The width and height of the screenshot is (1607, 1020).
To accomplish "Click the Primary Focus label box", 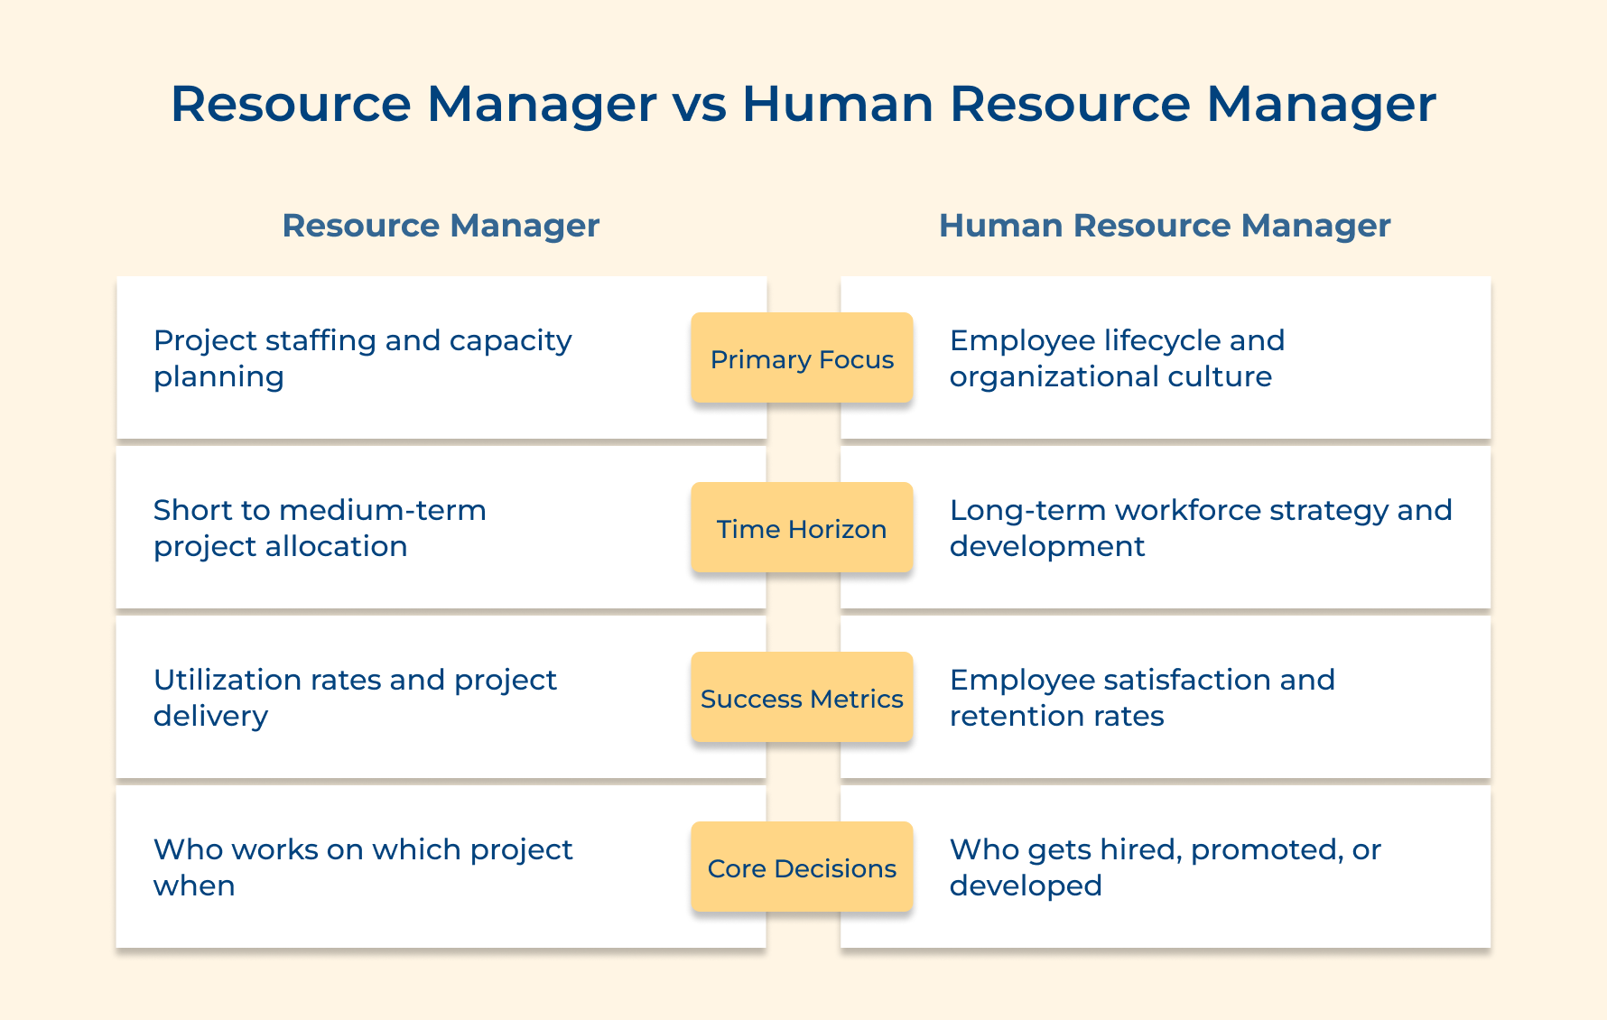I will click(x=802, y=358).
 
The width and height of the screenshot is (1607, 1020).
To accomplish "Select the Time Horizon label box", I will click(x=802, y=528).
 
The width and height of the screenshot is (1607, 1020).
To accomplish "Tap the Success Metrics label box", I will click(x=802, y=698).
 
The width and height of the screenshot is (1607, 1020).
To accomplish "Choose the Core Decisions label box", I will click(x=802, y=867).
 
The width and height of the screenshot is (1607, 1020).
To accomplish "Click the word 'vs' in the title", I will click(x=699, y=105).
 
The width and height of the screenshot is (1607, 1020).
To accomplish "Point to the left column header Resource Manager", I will click(x=441, y=226).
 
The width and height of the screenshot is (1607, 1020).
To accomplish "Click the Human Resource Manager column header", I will click(x=1165, y=226).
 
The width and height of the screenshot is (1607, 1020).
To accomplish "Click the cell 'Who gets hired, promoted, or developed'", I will click(x=1165, y=867).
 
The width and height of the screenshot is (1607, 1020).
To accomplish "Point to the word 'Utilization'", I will click(x=228, y=680).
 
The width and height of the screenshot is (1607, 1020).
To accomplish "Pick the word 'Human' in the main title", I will click(x=838, y=104).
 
